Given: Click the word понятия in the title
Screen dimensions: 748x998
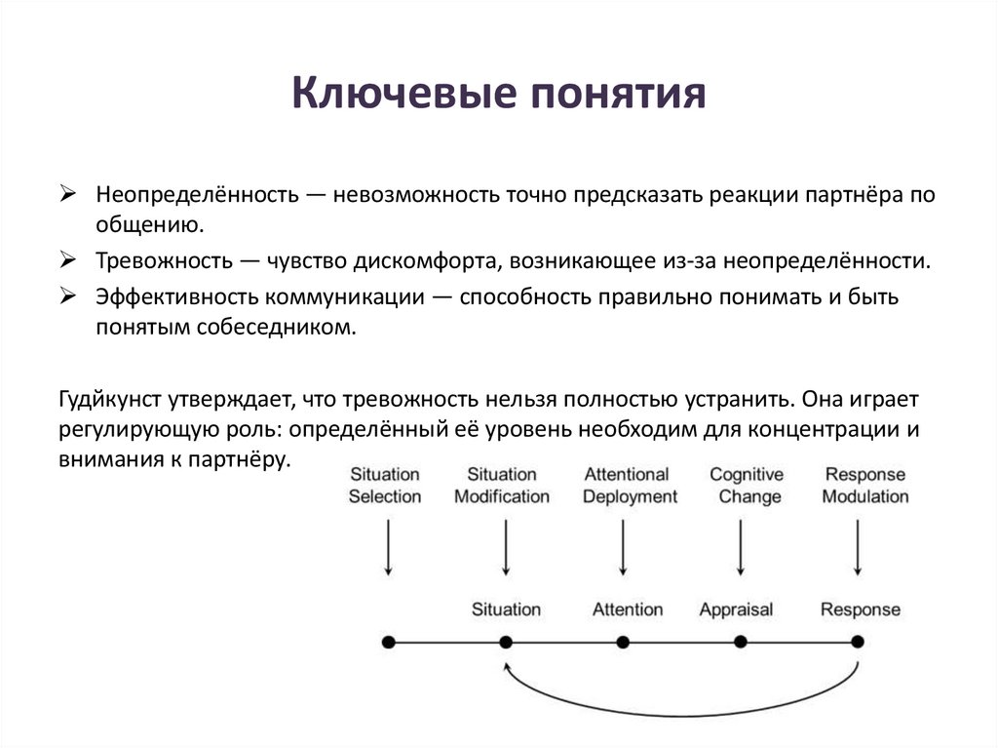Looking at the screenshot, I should click(x=615, y=96).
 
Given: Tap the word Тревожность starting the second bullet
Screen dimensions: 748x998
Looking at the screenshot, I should click(x=164, y=261).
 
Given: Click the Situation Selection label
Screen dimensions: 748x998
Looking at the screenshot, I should click(x=384, y=486).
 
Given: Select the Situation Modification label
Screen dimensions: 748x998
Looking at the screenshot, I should click(x=502, y=486).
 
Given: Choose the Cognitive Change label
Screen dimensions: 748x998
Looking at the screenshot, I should click(x=747, y=486).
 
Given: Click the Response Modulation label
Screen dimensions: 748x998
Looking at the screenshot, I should click(x=865, y=486).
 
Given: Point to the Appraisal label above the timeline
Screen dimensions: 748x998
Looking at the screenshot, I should click(x=736, y=610).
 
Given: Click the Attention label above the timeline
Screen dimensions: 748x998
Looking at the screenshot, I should click(x=627, y=610).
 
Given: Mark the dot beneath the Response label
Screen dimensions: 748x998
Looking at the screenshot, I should click(x=858, y=642).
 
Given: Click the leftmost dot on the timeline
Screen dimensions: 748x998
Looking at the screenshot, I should click(x=388, y=642).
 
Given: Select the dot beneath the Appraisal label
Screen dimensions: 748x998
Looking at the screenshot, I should click(x=740, y=642).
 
